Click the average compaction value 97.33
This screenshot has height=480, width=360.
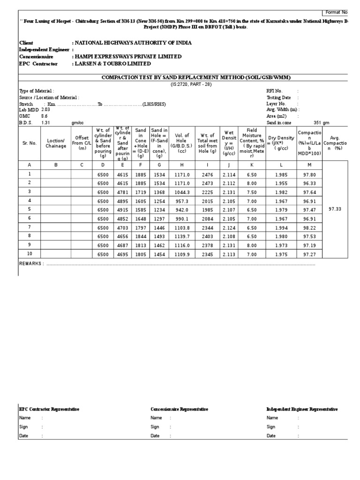click(x=335, y=209)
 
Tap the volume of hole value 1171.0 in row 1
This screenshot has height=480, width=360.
click(x=181, y=174)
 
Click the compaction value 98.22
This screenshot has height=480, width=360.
click(x=309, y=227)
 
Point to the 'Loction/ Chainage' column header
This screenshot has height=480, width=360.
click(x=56, y=143)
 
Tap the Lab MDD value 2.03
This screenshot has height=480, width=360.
click(x=45, y=109)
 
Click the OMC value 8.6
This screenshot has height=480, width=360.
click(x=44, y=116)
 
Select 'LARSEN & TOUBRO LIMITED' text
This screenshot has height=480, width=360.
click(x=112, y=64)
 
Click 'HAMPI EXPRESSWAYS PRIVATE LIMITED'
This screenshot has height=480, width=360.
click(x=127, y=57)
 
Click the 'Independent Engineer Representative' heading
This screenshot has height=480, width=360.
click(x=301, y=409)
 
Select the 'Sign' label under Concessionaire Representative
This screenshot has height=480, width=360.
click(x=155, y=427)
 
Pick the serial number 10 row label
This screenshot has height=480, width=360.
click(x=30, y=254)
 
